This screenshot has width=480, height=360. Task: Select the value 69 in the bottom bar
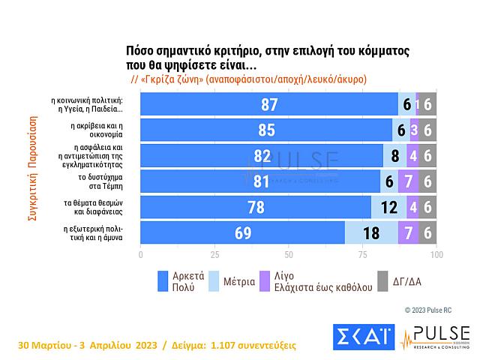[241, 232]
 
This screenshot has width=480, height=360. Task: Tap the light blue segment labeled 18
[370, 232]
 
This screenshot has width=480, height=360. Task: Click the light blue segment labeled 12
[388, 207]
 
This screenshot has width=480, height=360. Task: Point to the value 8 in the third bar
[394, 156]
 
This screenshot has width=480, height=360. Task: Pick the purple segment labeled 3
[414, 130]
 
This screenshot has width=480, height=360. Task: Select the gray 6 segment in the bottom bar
[427, 232]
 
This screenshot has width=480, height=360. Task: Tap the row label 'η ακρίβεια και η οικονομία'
[97, 130]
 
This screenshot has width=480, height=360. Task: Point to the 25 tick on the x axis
[214, 255]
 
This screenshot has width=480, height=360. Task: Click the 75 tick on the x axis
[363, 255]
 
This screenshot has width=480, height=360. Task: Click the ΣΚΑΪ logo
[363, 337]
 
